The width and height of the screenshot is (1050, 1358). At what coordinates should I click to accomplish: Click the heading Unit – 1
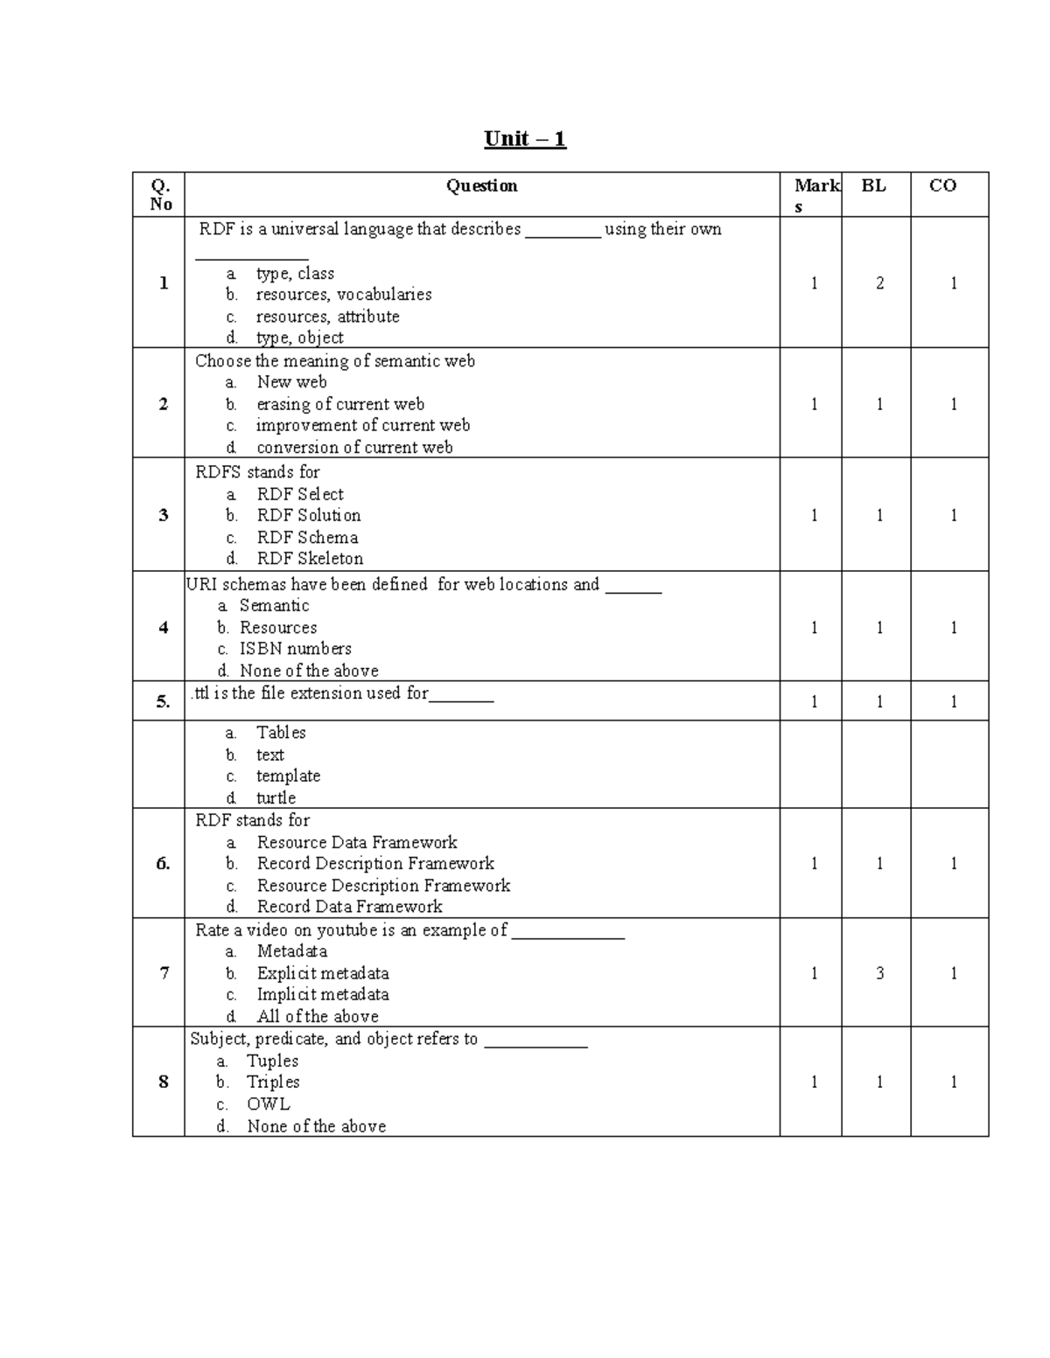[x=525, y=139]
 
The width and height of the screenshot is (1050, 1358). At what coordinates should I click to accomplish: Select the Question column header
[x=481, y=185]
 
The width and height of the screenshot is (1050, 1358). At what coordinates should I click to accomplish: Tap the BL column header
[x=873, y=185]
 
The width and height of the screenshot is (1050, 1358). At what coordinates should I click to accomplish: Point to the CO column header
[x=942, y=185]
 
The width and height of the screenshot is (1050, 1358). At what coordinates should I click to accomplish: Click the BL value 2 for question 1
[x=879, y=283]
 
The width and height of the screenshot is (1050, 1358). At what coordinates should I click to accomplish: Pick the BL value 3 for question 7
[x=879, y=973]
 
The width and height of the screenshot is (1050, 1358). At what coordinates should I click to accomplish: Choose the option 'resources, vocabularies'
[x=343, y=295]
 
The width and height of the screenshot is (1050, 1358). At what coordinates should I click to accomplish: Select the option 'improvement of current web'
[x=362, y=426]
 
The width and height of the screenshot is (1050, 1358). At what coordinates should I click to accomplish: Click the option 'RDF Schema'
[x=307, y=538]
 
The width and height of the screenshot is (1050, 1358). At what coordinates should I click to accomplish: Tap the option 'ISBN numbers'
[x=295, y=649]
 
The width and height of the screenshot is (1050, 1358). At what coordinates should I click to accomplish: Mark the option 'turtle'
[x=276, y=797]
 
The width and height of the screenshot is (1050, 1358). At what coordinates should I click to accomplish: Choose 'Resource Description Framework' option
[x=383, y=886]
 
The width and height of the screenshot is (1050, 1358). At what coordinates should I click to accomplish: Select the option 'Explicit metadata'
[x=322, y=973]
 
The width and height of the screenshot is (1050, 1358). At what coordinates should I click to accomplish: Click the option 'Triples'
[x=273, y=1083]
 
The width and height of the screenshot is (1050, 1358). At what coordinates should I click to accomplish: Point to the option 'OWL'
[x=268, y=1104]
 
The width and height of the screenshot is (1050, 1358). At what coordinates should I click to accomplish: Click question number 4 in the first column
[x=163, y=628]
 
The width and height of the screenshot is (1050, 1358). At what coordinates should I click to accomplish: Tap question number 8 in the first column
[x=163, y=1083]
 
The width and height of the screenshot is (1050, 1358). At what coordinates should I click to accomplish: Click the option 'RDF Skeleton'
[x=310, y=559]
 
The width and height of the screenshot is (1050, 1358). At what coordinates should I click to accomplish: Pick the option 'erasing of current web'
[x=339, y=404]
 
